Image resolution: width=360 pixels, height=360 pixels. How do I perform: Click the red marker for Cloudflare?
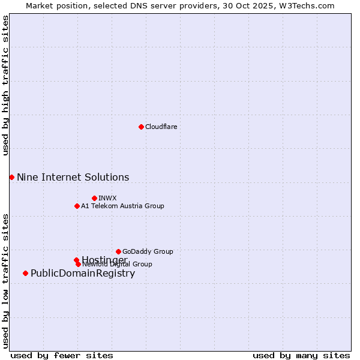tap(141, 127)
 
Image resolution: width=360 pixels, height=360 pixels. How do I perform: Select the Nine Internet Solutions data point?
tap(11, 177)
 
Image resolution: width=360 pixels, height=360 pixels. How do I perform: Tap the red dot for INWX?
tap(94, 198)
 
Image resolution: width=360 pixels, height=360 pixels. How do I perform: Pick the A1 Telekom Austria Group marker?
tap(77, 206)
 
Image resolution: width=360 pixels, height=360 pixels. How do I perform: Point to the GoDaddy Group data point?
tap(118, 251)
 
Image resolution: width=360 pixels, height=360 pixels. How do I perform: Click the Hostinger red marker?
tap(76, 260)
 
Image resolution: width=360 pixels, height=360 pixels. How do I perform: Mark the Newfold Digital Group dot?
tap(78, 264)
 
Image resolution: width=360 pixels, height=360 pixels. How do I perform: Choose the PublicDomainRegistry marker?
tap(25, 273)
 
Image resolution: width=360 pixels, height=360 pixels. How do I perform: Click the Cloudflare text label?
tap(161, 127)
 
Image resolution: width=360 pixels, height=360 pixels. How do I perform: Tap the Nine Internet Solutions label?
tap(73, 177)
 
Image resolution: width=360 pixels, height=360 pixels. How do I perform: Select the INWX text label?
tap(107, 198)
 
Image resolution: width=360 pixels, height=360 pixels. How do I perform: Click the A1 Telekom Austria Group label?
tap(122, 206)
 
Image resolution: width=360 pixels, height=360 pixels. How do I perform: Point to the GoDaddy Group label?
tap(148, 251)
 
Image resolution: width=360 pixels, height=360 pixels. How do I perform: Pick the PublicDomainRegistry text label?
tap(83, 274)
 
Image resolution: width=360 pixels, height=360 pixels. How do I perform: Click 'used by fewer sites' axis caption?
tap(62, 356)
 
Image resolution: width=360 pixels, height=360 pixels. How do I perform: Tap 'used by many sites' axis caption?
tap(301, 356)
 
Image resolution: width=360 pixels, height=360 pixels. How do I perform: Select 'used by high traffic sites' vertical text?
tap(5, 85)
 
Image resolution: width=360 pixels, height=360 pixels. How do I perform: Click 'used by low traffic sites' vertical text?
tap(5, 280)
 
